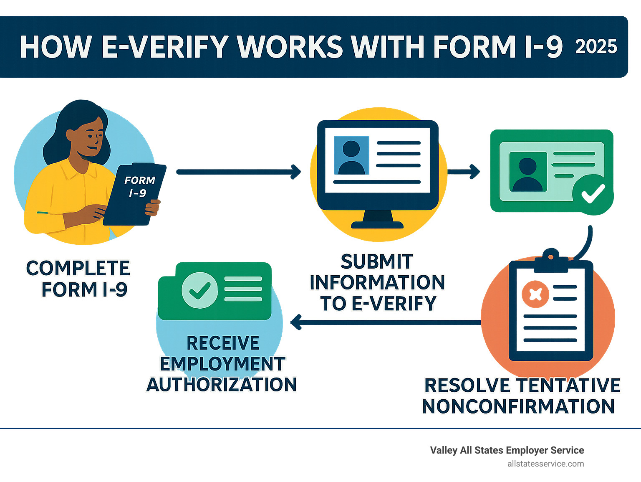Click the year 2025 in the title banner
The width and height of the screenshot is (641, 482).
tap(596, 47)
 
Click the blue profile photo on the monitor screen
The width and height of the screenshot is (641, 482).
tap(352, 155)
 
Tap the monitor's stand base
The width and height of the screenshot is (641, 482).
tap(377, 225)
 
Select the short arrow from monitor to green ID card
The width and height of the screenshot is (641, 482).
tap(464, 172)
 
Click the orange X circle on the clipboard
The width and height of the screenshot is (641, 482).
tap(535, 294)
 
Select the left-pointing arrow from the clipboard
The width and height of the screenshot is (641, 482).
tap(386, 322)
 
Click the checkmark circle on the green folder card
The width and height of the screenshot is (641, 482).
tap(200, 290)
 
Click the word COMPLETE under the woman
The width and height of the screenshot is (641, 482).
tap(78, 268)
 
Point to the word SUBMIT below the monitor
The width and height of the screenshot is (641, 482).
tap(377, 261)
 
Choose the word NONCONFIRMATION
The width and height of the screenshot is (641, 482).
tap(518, 406)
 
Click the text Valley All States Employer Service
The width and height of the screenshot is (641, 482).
tap(507, 450)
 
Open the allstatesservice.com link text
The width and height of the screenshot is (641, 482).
tap(545, 464)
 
